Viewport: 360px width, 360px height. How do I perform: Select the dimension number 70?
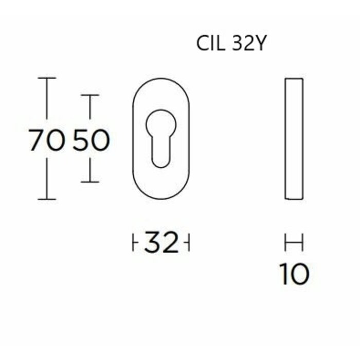tap(47, 140)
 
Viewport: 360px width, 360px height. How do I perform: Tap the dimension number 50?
tap(91, 140)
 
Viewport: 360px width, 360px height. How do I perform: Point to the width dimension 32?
tap(161, 243)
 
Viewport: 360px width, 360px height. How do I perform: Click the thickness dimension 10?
tap(294, 274)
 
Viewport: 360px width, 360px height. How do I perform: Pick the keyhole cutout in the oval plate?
tap(161, 136)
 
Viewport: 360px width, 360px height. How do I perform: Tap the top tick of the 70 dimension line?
tap(47, 78)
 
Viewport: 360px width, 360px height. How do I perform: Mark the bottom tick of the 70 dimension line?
tap(47, 199)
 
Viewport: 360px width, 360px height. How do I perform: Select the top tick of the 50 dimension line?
tap(91, 96)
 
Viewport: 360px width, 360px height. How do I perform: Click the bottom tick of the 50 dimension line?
tap(91, 182)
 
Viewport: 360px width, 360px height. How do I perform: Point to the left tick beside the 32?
tap(133, 243)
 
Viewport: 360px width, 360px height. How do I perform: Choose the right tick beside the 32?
tap(189, 243)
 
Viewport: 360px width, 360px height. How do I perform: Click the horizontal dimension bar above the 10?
tap(294, 242)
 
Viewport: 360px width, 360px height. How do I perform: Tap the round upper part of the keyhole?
tap(161, 124)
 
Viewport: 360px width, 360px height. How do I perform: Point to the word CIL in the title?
tap(209, 44)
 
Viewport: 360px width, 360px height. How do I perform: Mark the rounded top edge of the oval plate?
tap(161, 79)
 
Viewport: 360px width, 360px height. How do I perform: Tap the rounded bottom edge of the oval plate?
tap(161, 199)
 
